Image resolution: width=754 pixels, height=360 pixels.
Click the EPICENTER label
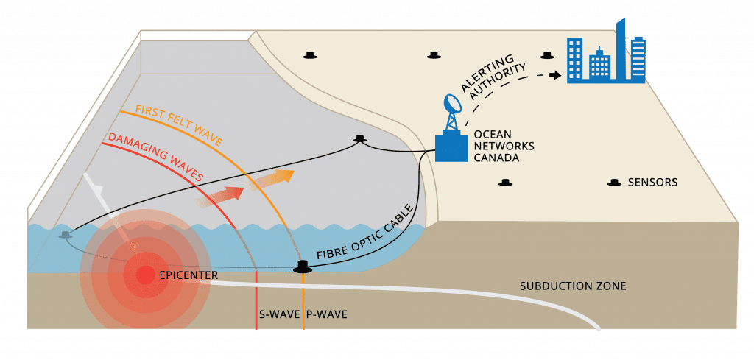coord(188,276)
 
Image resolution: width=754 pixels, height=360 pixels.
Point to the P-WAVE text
coord(325,314)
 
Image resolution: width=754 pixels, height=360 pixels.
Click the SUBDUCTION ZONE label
coord(573,285)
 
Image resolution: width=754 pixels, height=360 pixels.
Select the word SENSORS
coord(652,182)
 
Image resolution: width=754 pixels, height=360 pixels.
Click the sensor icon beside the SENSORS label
coord(613,183)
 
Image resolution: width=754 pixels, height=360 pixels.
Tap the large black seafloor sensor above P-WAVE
coord(302,266)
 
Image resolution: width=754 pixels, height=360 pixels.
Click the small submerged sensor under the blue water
coord(66,235)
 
